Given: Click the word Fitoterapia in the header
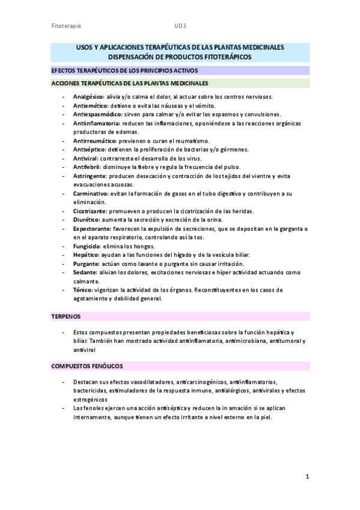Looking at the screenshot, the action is coord(67,26).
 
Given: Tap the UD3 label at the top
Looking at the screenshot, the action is coord(180,26).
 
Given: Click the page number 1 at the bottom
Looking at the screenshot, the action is coord(307,478).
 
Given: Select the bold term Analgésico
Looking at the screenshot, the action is coord(88,96).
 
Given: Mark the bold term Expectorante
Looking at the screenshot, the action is coord(92,229).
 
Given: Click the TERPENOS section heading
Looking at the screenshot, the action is coord(66,316).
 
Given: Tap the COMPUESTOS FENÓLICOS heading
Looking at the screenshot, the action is coord(87,366).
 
